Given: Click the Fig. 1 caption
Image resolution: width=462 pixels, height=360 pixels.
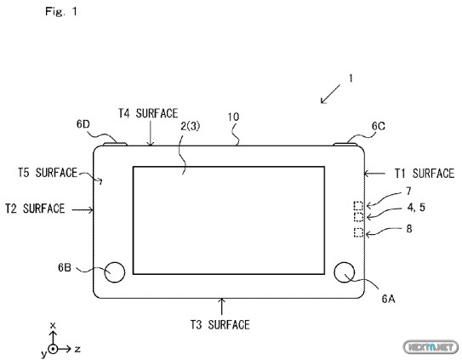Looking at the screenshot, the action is coord(60,12).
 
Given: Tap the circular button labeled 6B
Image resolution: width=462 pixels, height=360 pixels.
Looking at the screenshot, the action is coord(115,271).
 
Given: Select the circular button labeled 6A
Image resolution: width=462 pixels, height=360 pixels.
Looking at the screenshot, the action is coord(345,271).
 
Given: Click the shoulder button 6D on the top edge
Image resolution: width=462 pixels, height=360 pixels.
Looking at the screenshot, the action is coord(115,144).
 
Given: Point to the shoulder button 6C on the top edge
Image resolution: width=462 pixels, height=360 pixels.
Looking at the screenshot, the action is coord(345,144).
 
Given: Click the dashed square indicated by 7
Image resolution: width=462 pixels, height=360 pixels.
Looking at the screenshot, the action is coord(358,205).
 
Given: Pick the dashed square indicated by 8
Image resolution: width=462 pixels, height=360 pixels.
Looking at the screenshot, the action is coord(358,232).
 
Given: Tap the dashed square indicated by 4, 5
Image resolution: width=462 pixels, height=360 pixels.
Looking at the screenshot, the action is coord(358,217).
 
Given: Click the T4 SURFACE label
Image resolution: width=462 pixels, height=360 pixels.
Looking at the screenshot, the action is coord(148,113).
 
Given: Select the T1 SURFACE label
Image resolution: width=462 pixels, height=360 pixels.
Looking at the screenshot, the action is coord(425,174).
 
